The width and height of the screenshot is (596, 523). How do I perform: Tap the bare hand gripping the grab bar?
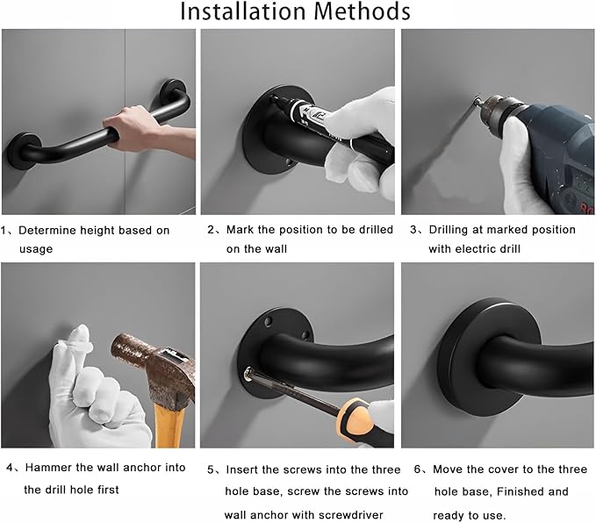coord(145,132)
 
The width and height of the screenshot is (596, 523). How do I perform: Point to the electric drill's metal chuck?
coord(494,109)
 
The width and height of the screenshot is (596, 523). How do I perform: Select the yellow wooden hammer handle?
coord(170,426)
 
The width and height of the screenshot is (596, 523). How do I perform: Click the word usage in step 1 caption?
coord(36,249)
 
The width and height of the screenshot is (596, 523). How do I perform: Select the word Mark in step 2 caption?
coord(241,230)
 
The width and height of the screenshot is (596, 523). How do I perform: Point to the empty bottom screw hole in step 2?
coord(289,162)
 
